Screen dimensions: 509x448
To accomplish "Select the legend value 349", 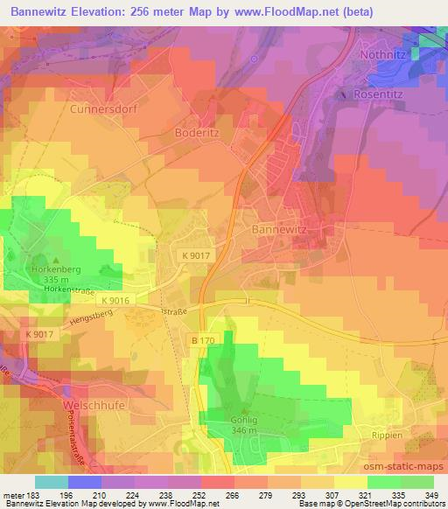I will click(x=433, y=495).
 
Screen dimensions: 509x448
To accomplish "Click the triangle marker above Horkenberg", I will click(x=58, y=260).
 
